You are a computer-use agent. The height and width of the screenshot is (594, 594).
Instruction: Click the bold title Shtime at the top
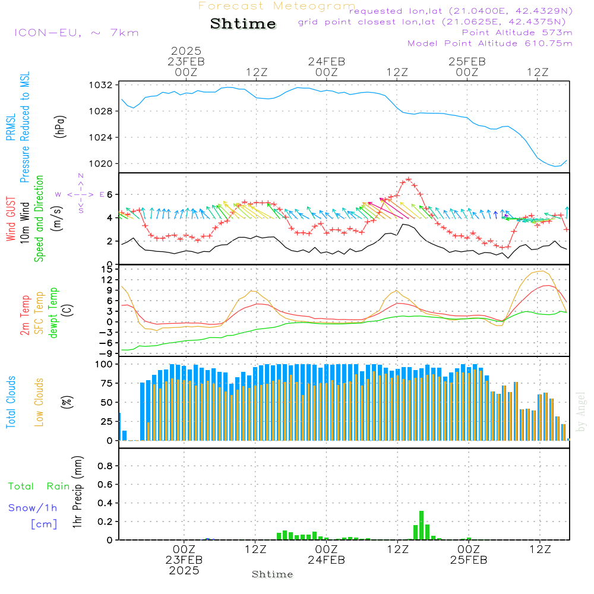point(243,24)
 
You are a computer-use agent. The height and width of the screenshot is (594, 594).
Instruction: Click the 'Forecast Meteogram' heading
point(277,7)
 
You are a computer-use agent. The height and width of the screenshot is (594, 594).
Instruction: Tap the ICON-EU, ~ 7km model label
point(76,33)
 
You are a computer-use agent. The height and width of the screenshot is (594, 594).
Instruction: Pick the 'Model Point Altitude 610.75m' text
point(490,43)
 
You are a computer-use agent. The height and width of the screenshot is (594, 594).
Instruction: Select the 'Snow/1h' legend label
point(33,508)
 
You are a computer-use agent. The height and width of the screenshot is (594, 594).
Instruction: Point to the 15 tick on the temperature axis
point(107,269)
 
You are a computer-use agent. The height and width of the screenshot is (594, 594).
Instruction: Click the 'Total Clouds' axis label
point(11,402)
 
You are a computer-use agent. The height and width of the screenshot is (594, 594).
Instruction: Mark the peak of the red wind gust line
point(408,179)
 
